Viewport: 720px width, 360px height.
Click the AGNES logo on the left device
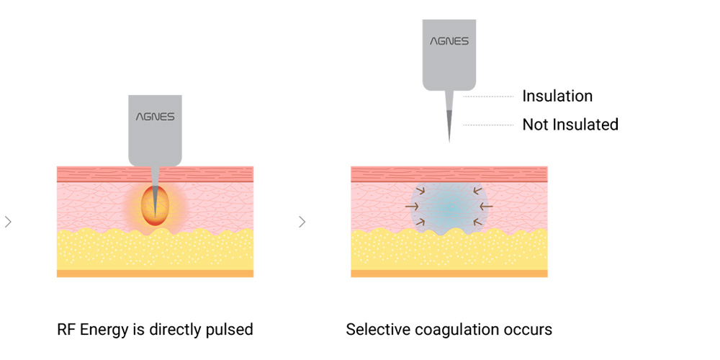click(155, 116)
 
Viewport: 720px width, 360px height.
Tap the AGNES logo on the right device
click(449, 41)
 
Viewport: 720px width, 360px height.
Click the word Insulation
click(557, 96)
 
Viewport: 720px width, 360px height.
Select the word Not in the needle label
click(535, 125)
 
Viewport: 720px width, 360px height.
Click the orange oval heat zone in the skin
click(155, 204)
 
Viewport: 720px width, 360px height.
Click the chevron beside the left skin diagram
click(8, 222)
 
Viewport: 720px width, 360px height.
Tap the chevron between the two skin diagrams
click(302, 222)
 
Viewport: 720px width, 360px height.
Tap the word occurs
click(531, 330)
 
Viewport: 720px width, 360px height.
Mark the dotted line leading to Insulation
click(487, 96)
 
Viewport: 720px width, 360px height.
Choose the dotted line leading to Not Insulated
click(487, 125)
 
